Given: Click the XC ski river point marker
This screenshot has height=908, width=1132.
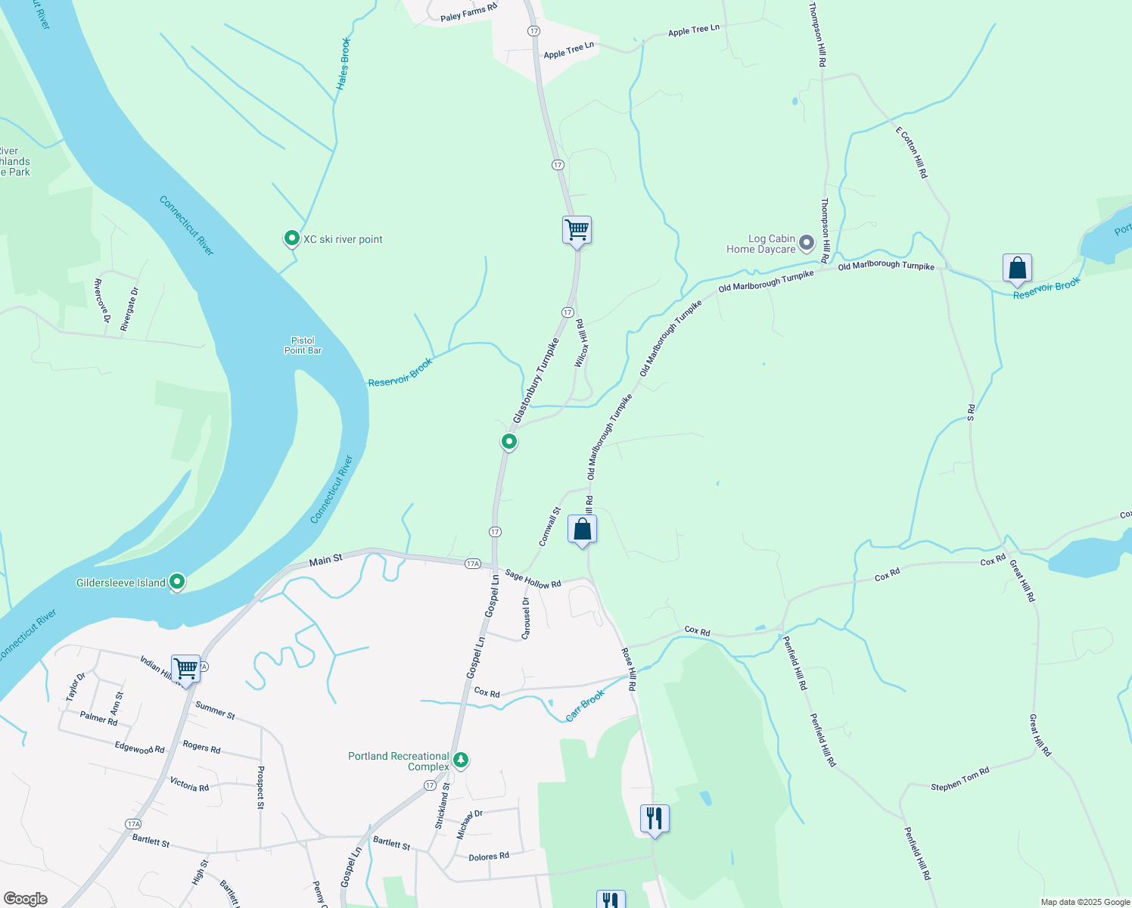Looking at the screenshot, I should tap(291, 239).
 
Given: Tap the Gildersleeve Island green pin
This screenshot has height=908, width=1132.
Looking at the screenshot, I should tap(177, 582).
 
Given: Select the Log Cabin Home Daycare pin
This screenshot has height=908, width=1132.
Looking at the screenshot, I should tap(807, 243).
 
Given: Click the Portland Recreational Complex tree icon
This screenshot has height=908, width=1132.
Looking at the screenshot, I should tap(460, 760).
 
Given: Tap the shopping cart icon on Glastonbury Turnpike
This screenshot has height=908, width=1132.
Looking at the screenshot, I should tap(577, 229).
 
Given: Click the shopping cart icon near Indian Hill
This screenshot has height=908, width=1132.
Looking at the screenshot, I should tap(185, 668).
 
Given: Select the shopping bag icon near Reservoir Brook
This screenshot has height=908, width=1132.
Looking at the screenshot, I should tap(1017, 268).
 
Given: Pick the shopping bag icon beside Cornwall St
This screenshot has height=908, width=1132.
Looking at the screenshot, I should tap(582, 529).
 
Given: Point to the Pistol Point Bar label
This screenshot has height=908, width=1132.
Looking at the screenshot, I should tap(303, 346).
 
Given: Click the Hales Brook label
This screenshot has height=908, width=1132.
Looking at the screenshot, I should tap(344, 64).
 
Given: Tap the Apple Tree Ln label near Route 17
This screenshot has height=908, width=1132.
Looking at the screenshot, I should tap(568, 51).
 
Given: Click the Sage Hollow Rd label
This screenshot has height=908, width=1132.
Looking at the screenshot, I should tap(533, 579).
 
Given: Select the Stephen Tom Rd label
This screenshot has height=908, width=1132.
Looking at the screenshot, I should tap(959, 780).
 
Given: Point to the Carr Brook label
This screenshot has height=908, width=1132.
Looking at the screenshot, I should tap(585, 705).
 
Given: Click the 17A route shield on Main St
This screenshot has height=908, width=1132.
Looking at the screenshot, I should tap(473, 564).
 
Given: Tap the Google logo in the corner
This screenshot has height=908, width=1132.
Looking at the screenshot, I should tap(25, 899).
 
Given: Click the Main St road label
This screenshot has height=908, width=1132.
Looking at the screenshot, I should tap(326, 560).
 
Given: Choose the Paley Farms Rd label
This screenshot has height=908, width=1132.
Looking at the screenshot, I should tap(468, 12).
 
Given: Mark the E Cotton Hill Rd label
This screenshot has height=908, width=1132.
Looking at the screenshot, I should tap(912, 152).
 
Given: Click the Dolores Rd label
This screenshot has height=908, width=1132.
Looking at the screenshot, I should tap(489, 857).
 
